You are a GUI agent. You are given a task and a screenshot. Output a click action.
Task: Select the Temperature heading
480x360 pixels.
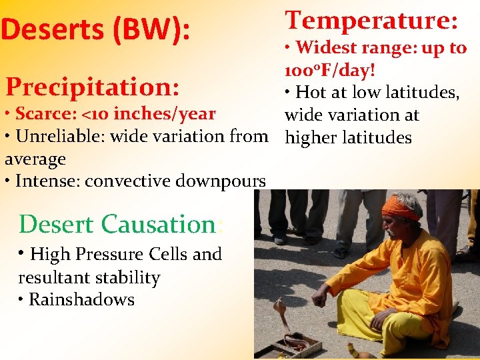tap(371, 20)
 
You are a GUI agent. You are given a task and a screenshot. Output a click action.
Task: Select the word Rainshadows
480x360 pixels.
tap(81, 300)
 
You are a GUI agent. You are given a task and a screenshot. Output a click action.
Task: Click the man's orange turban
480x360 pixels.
tap(399, 207)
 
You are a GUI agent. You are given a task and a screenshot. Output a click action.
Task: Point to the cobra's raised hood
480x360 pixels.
tap(279, 309)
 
